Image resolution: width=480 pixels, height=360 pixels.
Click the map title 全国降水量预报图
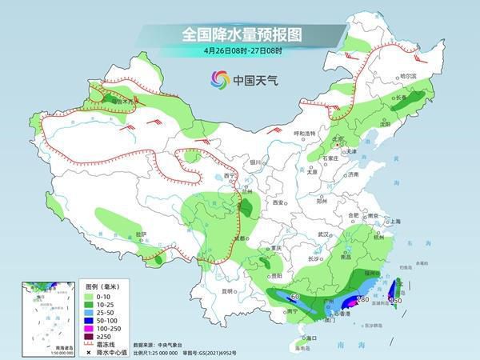coord(239,35)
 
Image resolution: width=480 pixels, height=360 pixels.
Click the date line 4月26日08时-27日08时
coord(239,52)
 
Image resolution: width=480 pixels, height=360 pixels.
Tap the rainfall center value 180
coord(362,299)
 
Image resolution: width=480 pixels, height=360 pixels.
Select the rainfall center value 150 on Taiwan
coord(394,300)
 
